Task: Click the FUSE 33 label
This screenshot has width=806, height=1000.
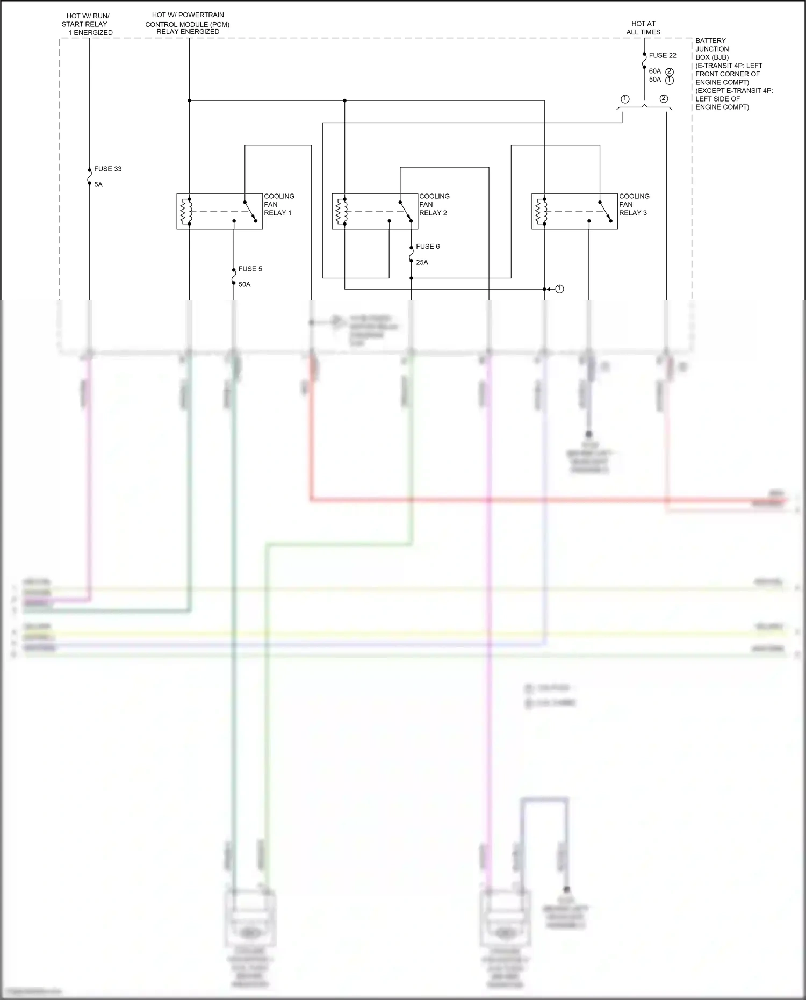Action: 107,169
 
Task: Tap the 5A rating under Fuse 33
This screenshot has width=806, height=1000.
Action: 98,184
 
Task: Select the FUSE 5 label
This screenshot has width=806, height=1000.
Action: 250,269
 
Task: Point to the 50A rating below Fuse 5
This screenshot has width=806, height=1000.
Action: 244,284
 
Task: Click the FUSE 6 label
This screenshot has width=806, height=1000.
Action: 428,247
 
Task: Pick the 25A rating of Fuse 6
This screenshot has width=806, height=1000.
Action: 422,262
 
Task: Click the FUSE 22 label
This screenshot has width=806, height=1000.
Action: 662,55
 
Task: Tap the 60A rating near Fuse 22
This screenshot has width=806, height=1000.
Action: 654,71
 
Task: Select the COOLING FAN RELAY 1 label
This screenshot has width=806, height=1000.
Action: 278,205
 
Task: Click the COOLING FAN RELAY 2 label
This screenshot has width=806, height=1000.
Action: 434,205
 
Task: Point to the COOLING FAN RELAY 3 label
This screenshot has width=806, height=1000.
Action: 634,205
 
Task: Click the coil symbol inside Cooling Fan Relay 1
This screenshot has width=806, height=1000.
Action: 186,211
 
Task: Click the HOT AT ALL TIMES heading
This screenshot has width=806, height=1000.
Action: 643,28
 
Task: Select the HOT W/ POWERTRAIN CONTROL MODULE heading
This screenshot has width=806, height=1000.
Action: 188,23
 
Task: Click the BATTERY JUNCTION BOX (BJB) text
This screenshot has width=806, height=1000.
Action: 713,49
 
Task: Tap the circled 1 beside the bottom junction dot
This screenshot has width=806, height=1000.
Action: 559,289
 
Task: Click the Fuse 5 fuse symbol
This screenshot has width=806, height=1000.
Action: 234,276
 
